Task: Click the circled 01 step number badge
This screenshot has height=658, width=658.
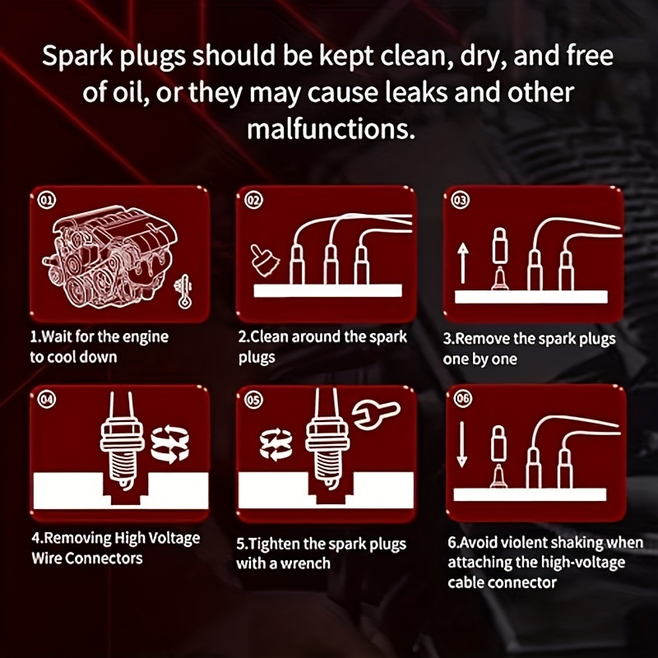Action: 47,200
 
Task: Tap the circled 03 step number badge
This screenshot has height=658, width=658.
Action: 461,200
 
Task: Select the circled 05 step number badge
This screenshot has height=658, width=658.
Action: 254,400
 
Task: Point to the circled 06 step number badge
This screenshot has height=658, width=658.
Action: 462,398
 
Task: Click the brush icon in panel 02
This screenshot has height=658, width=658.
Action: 265,261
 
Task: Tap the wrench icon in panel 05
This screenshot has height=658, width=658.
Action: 376,414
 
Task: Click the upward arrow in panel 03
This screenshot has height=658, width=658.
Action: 463,263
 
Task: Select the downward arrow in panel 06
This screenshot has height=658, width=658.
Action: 461,444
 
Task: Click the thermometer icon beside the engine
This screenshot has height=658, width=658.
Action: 183,291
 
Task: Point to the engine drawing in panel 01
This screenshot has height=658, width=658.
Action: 110,256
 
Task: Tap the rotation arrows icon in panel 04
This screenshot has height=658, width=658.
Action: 169,444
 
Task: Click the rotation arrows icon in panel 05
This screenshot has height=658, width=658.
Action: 276,444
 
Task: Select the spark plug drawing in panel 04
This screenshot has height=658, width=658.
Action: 121,441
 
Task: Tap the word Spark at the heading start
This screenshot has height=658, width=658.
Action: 77,57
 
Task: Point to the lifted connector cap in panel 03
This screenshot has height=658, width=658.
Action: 500,245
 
